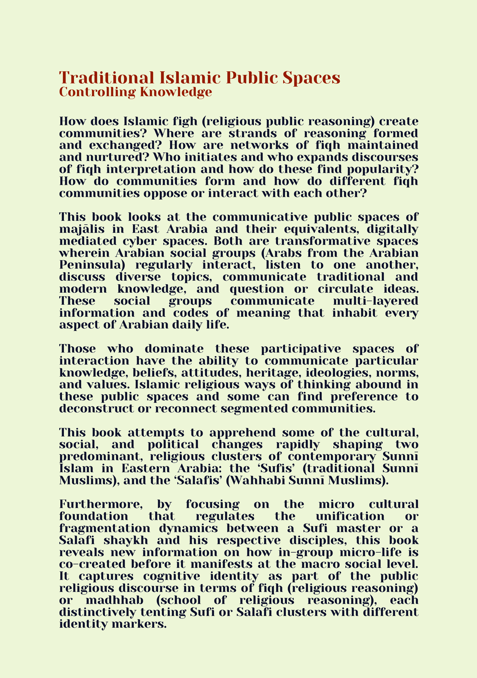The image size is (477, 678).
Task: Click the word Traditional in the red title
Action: click(106, 78)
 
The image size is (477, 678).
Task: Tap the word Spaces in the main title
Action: click(311, 78)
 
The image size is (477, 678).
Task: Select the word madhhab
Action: click(114, 600)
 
